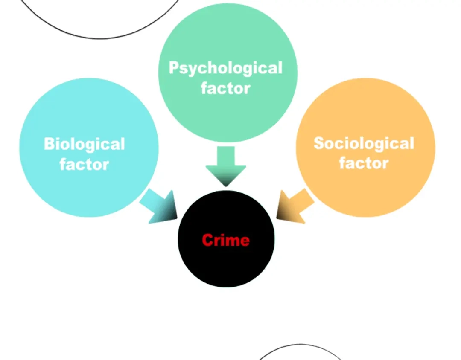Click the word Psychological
225,69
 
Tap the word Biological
85,144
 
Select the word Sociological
364,143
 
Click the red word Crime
226,240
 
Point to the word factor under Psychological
225,88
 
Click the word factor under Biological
85,164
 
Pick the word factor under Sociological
364,163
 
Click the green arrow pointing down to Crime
226,166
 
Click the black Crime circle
226,238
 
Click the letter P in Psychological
174,67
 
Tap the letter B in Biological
50,144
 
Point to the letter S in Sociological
319,143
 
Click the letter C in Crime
207,240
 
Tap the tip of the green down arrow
226,187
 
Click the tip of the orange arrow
276,218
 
